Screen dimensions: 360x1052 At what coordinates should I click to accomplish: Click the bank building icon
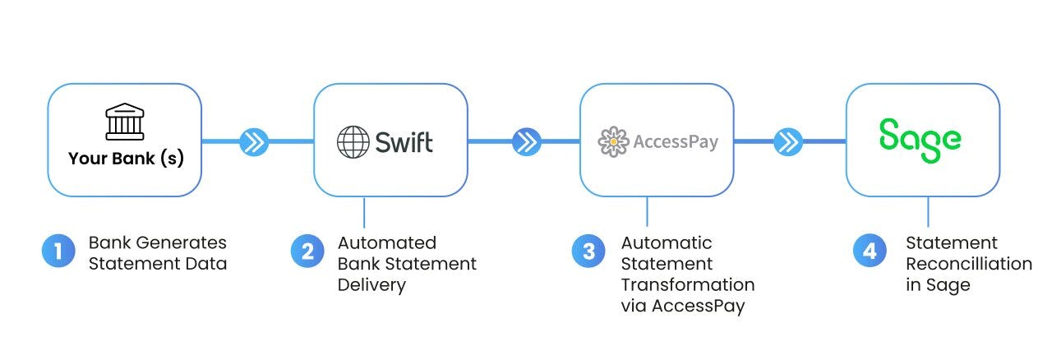[x=124, y=122]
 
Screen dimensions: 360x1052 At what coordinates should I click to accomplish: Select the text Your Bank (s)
[x=126, y=159]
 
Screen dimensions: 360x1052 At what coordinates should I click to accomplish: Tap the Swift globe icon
[x=353, y=141]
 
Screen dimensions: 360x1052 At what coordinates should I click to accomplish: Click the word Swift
[x=404, y=141]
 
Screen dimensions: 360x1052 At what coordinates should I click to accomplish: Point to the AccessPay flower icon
[x=613, y=141]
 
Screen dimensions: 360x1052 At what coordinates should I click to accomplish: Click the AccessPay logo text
[x=676, y=142]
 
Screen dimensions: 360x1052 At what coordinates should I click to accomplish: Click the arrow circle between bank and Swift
[x=255, y=142]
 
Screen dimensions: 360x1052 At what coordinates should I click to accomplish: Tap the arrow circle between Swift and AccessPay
[x=526, y=142]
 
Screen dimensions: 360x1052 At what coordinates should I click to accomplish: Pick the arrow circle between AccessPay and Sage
[x=789, y=142]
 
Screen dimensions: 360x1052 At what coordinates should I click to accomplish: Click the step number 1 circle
[x=58, y=251]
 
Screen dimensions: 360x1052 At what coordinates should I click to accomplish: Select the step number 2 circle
[x=307, y=251]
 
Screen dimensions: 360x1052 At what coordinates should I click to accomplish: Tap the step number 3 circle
[x=588, y=251]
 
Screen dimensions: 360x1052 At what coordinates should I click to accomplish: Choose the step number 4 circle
[x=870, y=251]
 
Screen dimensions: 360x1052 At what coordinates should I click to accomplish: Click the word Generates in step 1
[x=188, y=243]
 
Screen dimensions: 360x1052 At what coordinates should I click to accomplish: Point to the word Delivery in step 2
[x=371, y=285]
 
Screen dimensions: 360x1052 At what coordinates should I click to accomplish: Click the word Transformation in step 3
[x=687, y=285]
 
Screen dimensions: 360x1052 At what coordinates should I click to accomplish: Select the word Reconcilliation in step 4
[x=968, y=264]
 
